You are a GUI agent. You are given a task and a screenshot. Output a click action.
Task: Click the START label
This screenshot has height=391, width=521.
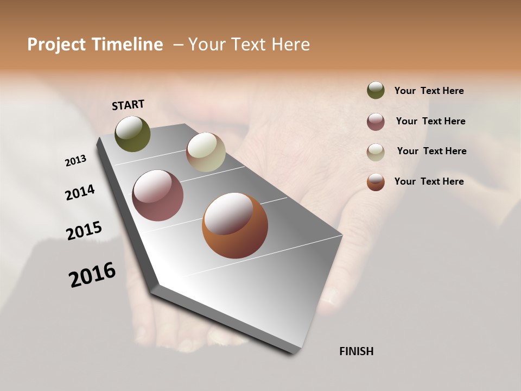pos(128,105)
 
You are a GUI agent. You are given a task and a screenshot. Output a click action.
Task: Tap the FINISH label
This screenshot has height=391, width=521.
pos(356,351)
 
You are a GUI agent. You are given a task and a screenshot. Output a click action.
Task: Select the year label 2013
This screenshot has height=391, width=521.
pos(75,161)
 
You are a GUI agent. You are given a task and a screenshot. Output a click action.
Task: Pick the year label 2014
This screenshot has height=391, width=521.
pos(80,192)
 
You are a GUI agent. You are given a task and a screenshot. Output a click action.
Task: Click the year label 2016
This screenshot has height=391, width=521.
pos(92,275)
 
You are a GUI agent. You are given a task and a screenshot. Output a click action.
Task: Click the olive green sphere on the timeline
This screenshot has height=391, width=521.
pos(132,134)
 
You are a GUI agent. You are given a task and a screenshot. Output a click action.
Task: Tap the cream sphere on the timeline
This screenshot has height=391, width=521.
pos(206,152)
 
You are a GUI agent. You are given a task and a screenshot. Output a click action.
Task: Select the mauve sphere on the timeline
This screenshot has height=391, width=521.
pos(157,195)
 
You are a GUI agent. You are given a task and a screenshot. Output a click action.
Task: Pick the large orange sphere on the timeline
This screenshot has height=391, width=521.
pos(235,225)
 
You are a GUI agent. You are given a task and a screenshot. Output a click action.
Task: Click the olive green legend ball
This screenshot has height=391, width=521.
pos(376,91)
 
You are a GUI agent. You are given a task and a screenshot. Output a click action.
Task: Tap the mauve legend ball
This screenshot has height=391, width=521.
pos(376,122)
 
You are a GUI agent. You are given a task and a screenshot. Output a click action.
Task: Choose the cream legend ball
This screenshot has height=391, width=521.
pos(376,152)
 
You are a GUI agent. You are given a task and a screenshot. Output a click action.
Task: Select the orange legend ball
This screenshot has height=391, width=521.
pos(376,182)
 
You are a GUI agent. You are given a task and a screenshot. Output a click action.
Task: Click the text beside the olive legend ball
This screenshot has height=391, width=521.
pos(429,91)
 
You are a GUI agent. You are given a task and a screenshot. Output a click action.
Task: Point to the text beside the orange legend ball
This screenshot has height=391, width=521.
pos(429,181)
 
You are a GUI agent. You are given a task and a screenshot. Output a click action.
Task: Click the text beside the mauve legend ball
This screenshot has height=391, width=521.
pos(430,121)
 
